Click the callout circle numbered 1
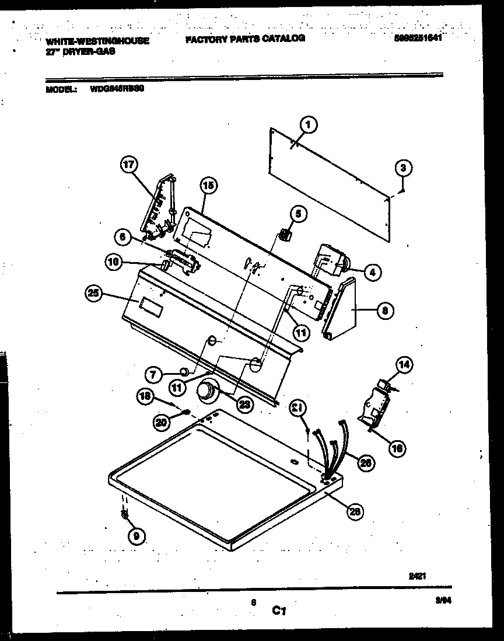[309, 123]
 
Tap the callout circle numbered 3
[402, 168]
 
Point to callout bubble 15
[208, 186]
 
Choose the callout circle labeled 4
[373, 271]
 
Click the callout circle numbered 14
[404, 365]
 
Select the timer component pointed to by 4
[328, 259]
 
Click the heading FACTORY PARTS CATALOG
[245, 39]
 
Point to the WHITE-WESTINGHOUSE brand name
[97, 41]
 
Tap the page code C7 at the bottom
[279, 611]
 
